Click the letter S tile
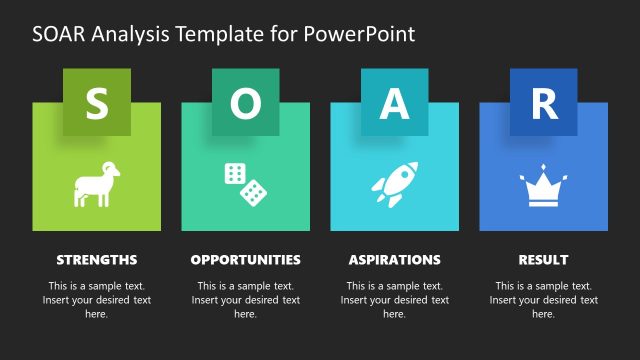click(96, 102)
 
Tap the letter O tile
click(245, 102)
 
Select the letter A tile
click(394, 102)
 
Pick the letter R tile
click(543, 102)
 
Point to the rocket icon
click(394, 184)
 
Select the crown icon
click(543, 187)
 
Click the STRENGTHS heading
click(96, 260)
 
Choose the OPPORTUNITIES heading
click(245, 260)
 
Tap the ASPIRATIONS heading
click(394, 260)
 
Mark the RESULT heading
click(543, 260)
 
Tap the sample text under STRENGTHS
click(96, 300)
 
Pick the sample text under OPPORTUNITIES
click(245, 300)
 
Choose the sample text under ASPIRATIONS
click(394, 300)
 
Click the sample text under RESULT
click(543, 300)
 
